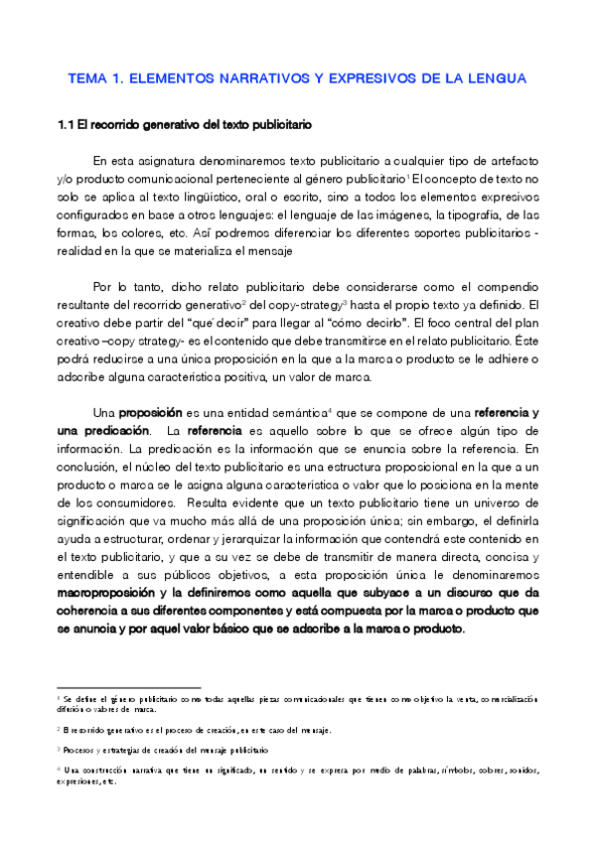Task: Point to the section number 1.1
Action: [x=66, y=126]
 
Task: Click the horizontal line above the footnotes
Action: [x=128, y=687]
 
